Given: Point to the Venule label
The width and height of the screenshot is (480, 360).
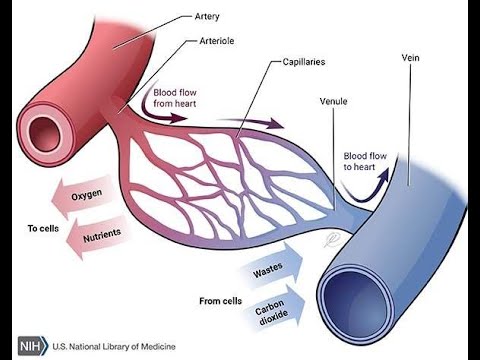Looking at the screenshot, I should pos(334,101).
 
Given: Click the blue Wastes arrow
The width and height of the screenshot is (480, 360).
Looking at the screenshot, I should pos(269,269).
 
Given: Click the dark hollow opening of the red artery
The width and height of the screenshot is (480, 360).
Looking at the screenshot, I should pos(46,131).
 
